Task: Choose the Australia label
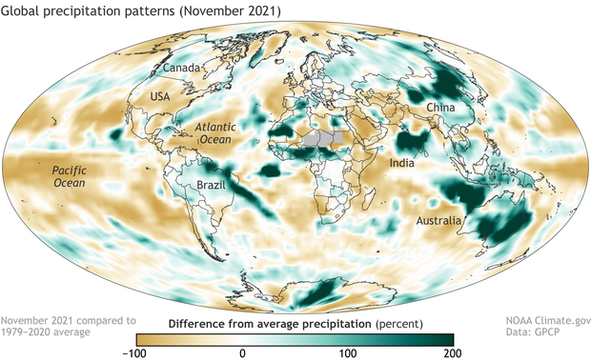click(442, 221)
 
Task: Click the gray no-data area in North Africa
click(318, 137)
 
